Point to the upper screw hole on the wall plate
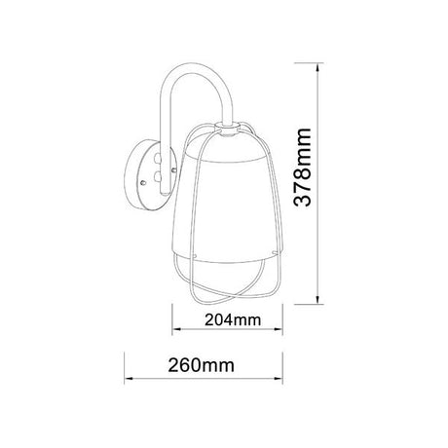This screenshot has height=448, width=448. coord(154,159)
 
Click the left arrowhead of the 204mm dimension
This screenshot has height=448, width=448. coord(176,330)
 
